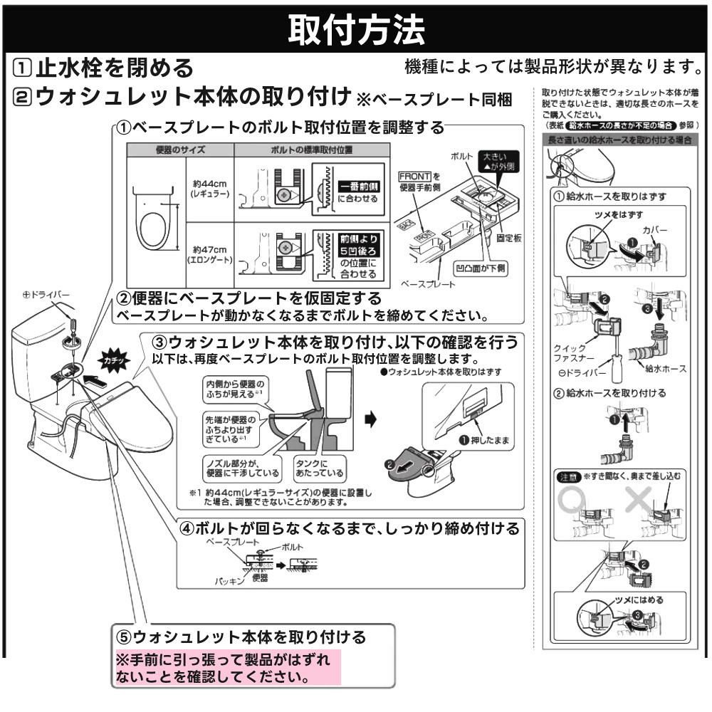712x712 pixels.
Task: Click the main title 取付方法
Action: coord(356,28)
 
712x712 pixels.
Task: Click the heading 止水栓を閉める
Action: coord(114,68)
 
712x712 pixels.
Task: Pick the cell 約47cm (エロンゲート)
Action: coord(209,254)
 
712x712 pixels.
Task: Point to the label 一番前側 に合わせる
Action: coord(359,192)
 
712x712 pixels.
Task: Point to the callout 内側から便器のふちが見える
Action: coord(235,388)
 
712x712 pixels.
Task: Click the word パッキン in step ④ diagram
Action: coord(231,581)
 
